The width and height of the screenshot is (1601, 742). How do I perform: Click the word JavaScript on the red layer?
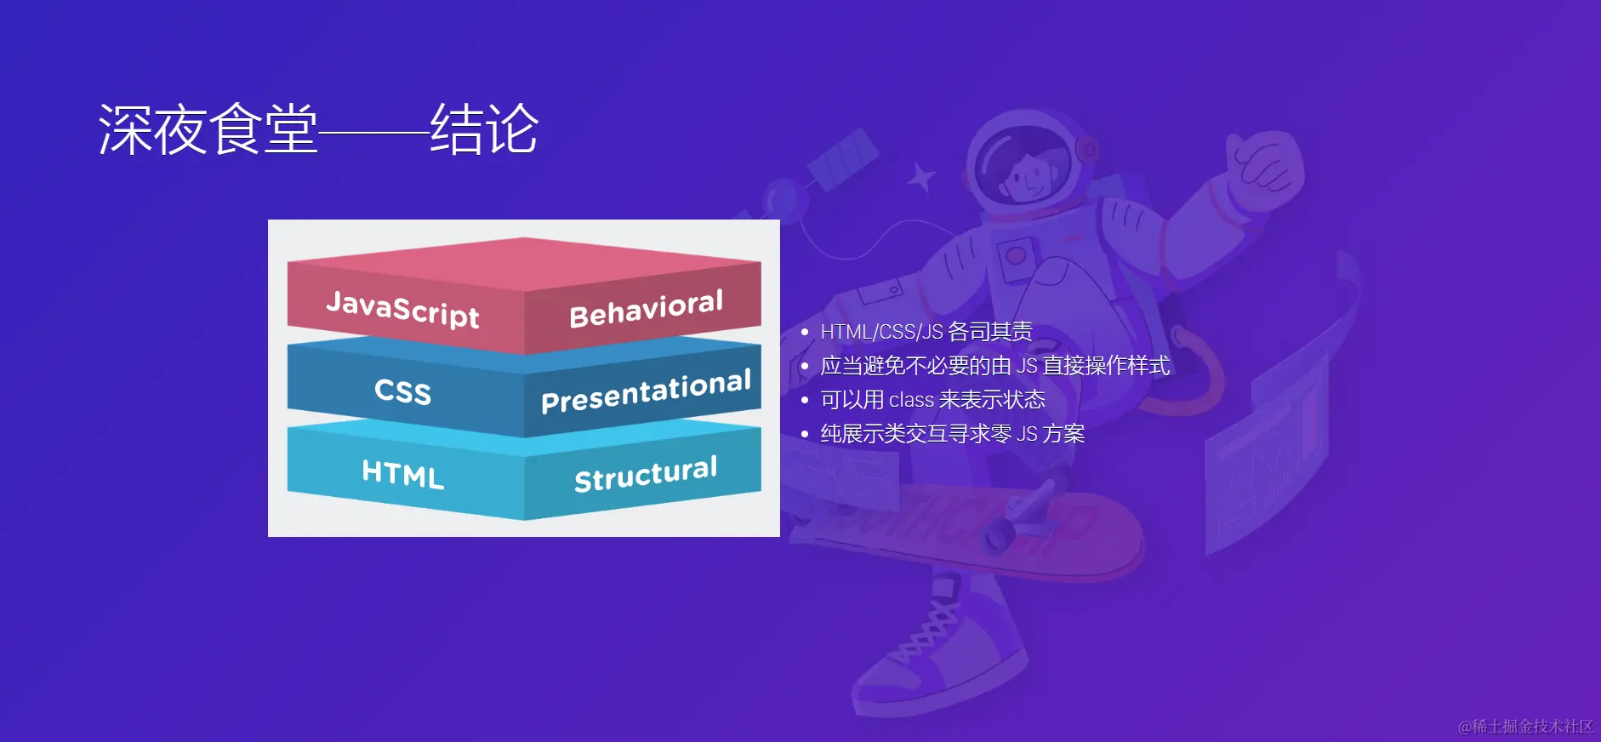coord(402,308)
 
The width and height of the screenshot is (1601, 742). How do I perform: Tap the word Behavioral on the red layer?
coord(647,308)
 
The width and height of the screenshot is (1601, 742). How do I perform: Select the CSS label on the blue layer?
coord(403,391)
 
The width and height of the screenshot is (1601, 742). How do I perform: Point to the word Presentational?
coord(647,391)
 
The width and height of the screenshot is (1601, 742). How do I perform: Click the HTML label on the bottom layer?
coord(403,473)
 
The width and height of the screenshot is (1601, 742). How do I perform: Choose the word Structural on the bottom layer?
coord(646,473)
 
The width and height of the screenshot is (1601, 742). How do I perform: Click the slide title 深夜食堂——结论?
coord(318,129)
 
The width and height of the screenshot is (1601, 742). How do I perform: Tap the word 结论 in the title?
coord(484,129)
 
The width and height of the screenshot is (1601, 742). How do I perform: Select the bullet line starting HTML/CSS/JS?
coord(926,331)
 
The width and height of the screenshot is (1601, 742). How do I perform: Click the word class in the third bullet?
coord(911,400)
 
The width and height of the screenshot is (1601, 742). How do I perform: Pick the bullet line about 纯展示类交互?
coord(953,434)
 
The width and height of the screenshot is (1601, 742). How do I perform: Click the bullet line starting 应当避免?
coord(995,366)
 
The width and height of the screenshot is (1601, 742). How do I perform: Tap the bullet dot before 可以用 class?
coord(805,400)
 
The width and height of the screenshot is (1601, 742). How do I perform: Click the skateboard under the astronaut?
coord(970,528)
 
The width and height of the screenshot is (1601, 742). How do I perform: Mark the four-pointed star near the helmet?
coord(920,177)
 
